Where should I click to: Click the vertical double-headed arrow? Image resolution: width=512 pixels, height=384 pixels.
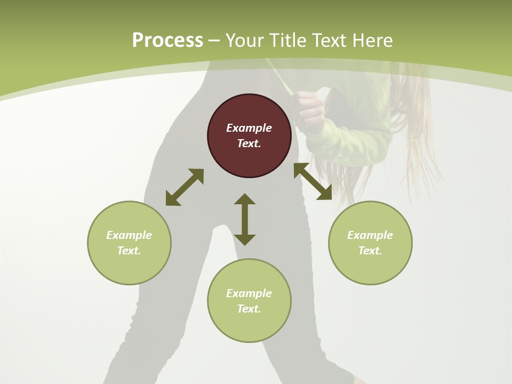point(245,219)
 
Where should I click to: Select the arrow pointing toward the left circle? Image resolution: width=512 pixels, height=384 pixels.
point(185,187)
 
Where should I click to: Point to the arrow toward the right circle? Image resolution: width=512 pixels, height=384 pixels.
point(313,181)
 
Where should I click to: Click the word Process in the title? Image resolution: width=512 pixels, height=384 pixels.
point(167,41)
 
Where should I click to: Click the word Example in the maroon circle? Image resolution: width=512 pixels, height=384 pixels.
point(249,128)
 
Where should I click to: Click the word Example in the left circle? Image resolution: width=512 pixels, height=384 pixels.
point(129,235)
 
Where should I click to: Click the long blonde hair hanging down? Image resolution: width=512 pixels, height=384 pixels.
point(421,133)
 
